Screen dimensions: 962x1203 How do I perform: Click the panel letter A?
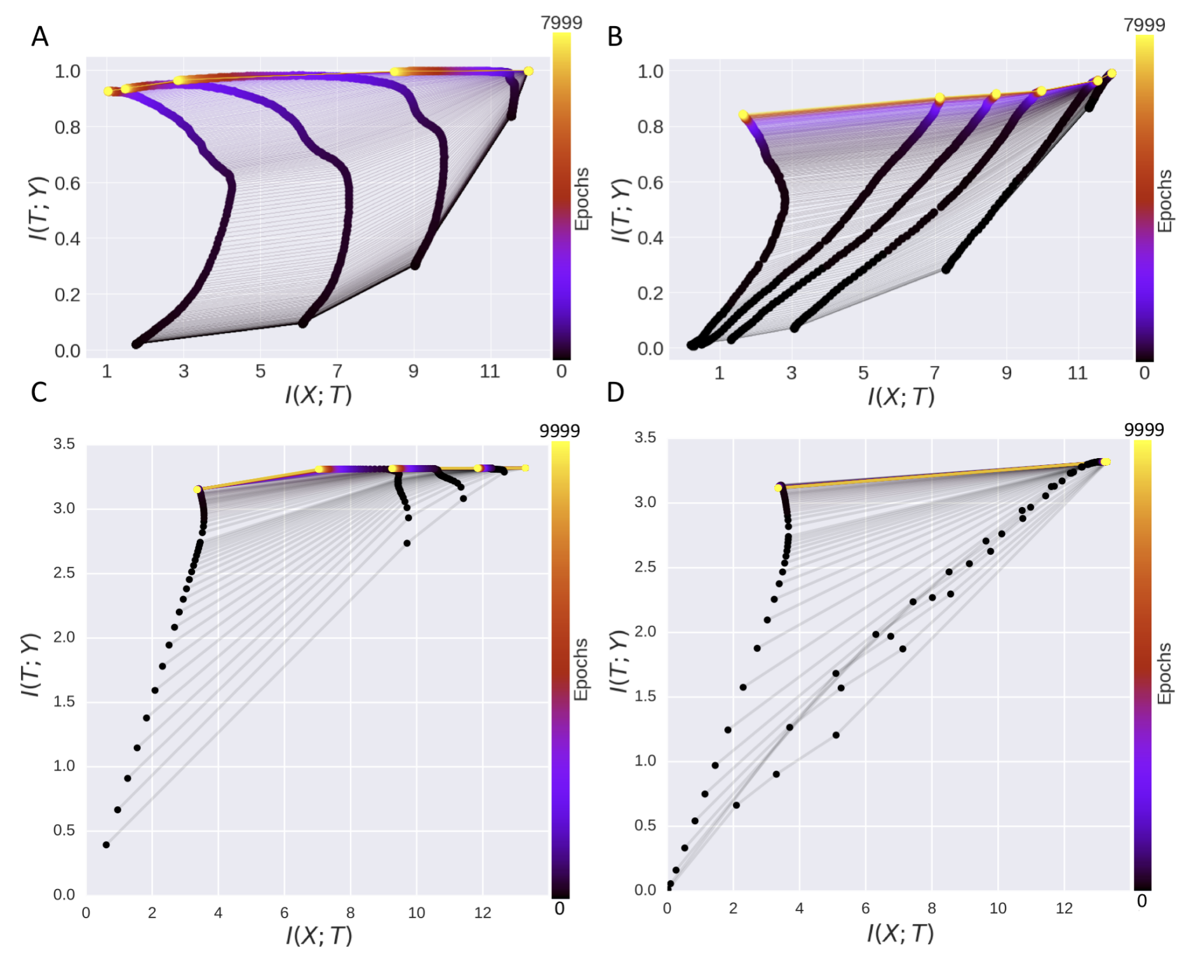[x=39, y=37]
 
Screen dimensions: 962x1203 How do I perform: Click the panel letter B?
[x=614, y=37]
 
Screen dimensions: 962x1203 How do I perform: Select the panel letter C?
[x=39, y=393]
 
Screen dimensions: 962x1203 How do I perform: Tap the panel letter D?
[x=615, y=393]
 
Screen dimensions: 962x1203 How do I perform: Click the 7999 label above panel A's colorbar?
[x=561, y=23]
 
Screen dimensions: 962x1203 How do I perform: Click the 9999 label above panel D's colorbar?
[x=1143, y=430]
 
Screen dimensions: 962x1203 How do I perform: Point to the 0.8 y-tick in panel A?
[x=67, y=128]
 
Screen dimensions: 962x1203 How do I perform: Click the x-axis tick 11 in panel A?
[x=489, y=372]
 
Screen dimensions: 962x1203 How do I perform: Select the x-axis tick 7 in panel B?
[x=934, y=373]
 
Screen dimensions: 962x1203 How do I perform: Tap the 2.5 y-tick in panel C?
[x=64, y=572]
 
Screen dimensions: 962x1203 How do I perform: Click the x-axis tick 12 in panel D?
[x=1064, y=909]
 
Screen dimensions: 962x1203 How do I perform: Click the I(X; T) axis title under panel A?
[x=318, y=395]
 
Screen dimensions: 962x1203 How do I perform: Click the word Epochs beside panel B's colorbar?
[x=1164, y=201]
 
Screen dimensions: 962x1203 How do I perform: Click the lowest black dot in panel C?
[x=106, y=844]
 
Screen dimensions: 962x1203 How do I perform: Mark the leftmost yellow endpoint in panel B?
[x=743, y=116]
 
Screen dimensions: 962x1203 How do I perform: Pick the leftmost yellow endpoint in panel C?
[x=198, y=489]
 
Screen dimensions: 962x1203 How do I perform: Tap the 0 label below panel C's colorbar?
[x=559, y=909]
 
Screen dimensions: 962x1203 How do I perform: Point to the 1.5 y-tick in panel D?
[x=645, y=696]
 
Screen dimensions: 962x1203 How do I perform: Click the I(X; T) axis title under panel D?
[x=900, y=933]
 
